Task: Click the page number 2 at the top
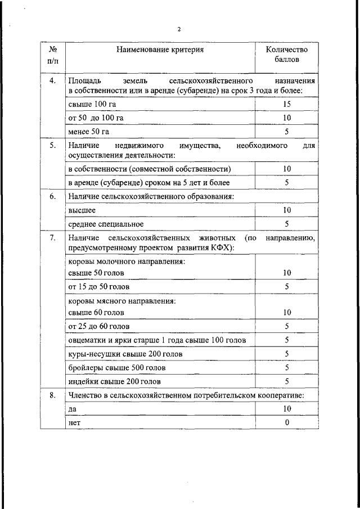(x=179, y=29)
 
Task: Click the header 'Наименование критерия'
(x=160, y=50)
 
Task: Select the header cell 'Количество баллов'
(x=287, y=54)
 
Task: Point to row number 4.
(x=52, y=81)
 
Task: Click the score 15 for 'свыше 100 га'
(x=287, y=105)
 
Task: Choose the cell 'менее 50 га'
(x=89, y=132)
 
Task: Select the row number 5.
(x=52, y=145)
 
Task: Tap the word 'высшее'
(x=82, y=210)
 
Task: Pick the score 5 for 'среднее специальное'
(x=287, y=224)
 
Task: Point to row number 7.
(x=52, y=238)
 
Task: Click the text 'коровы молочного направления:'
(x=127, y=262)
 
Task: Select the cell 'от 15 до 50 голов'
(x=99, y=286)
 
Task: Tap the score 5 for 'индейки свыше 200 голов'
(x=287, y=381)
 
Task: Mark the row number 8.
(x=52, y=395)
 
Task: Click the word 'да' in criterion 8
(x=72, y=409)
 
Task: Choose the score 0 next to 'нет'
(x=287, y=423)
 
